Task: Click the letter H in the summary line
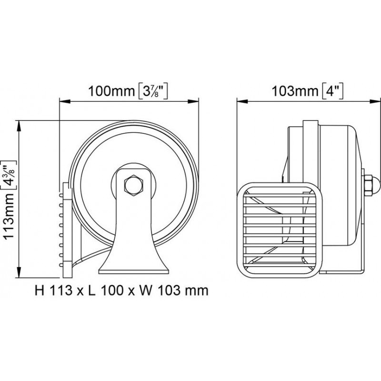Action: tap(40, 290)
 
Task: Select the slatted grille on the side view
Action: tap(281, 230)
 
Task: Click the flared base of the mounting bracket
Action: tap(133, 264)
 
